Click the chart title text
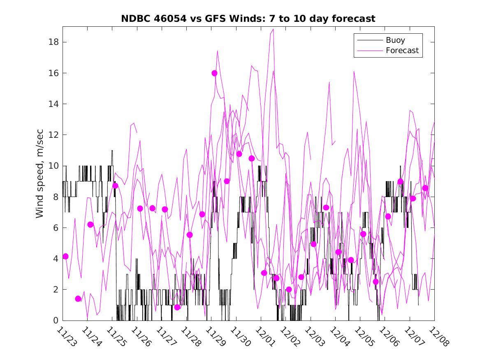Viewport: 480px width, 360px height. pyautogui.click(x=248, y=19)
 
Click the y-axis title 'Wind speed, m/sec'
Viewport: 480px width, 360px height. pyautogui.click(x=39, y=173)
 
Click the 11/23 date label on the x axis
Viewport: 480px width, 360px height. pyautogui.click(x=65, y=336)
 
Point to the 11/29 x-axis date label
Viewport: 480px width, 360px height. pyautogui.click(x=214, y=336)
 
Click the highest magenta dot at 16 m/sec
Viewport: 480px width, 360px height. pyautogui.click(x=214, y=73)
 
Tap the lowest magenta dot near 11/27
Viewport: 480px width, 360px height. pyautogui.click(x=177, y=307)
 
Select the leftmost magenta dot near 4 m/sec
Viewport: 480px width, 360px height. pyautogui.click(x=65, y=256)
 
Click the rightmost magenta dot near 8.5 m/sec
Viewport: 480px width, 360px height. pyautogui.click(x=425, y=188)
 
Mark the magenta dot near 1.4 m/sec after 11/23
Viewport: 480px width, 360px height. pyautogui.click(x=78, y=299)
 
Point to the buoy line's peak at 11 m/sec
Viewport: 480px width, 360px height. pyautogui.click(x=112, y=151)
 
